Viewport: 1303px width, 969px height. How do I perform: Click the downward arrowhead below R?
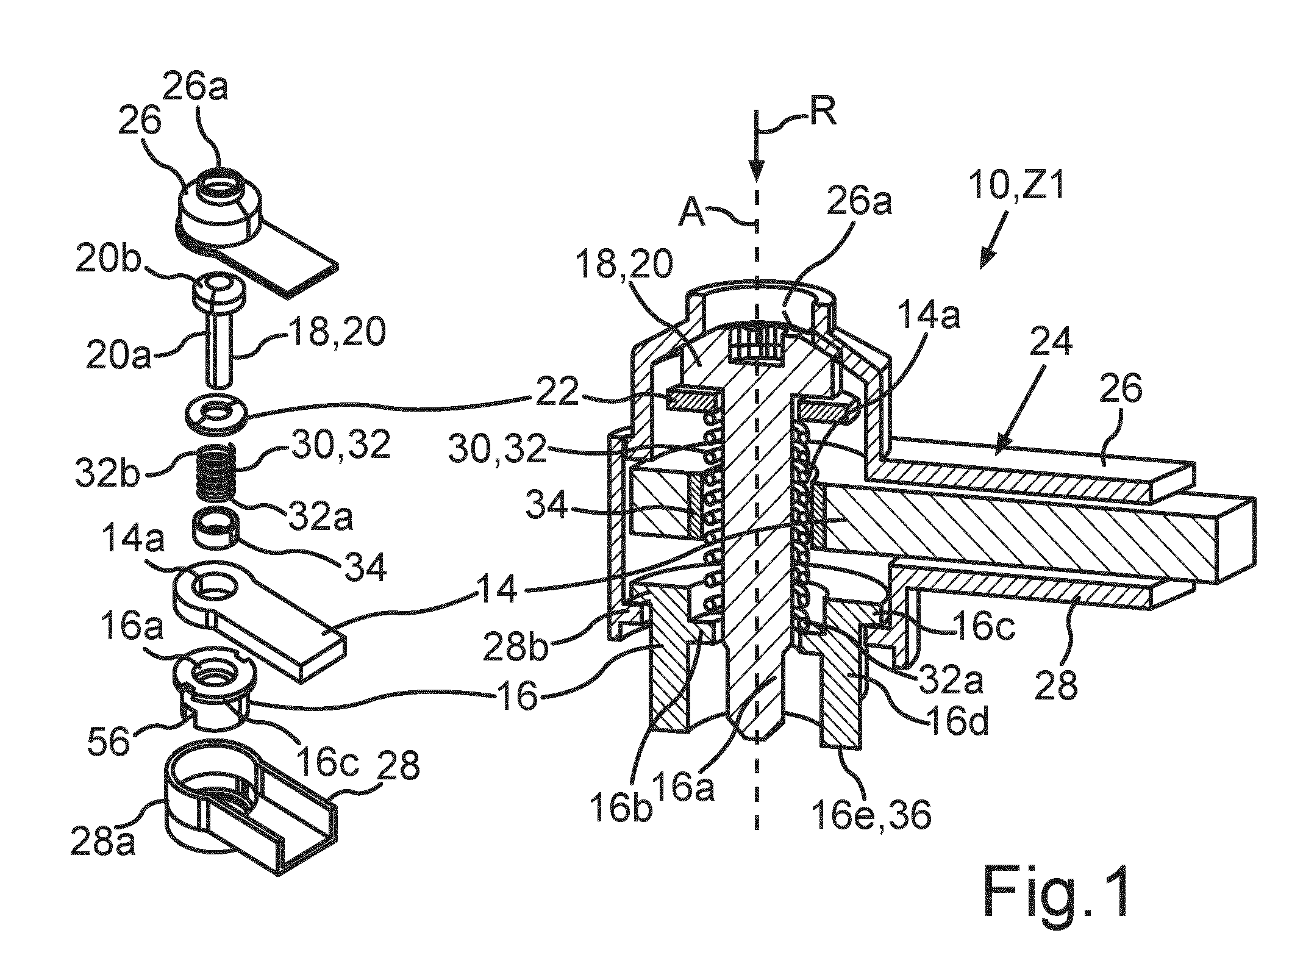click(x=756, y=173)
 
